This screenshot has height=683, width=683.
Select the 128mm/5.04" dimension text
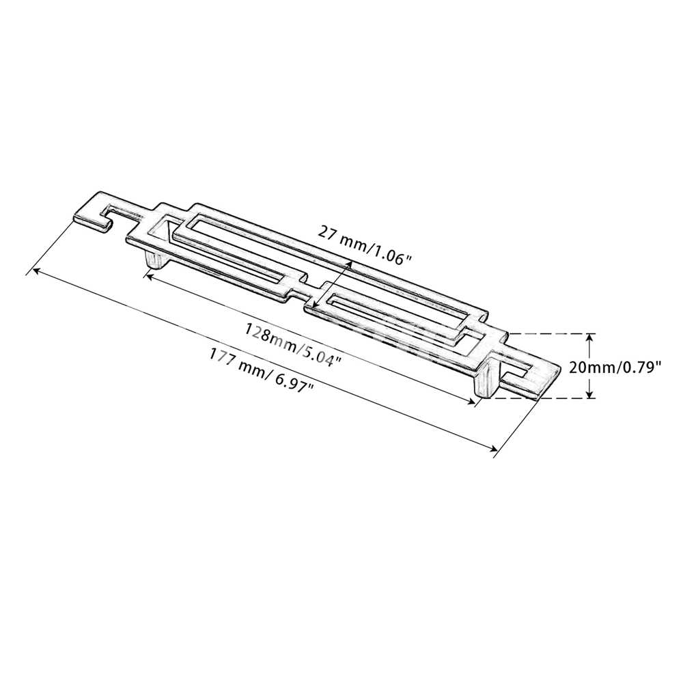click(292, 344)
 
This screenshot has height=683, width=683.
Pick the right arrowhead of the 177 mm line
click(492, 448)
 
